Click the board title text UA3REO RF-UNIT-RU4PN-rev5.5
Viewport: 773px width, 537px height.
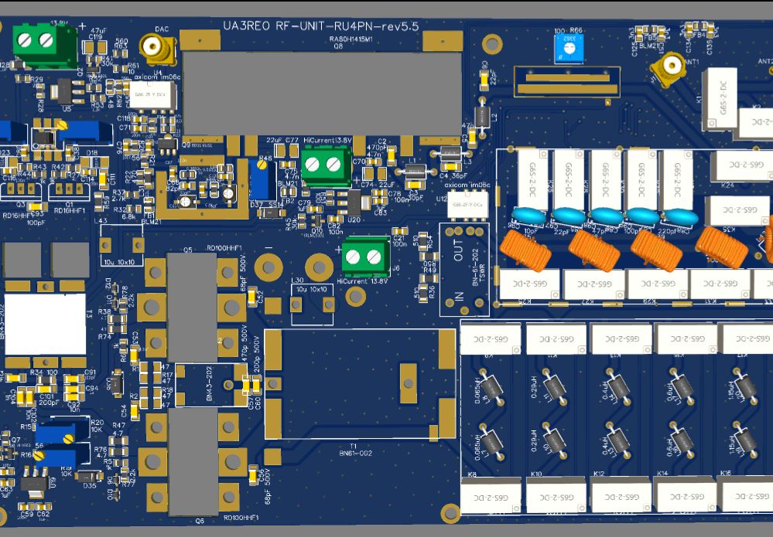tap(320, 25)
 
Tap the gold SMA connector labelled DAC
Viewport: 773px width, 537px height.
tap(162, 51)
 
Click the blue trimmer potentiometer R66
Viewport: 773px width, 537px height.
tap(569, 49)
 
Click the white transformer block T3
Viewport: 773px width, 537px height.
tap(45, 324)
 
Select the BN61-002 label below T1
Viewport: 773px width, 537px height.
tap(361, 454)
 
